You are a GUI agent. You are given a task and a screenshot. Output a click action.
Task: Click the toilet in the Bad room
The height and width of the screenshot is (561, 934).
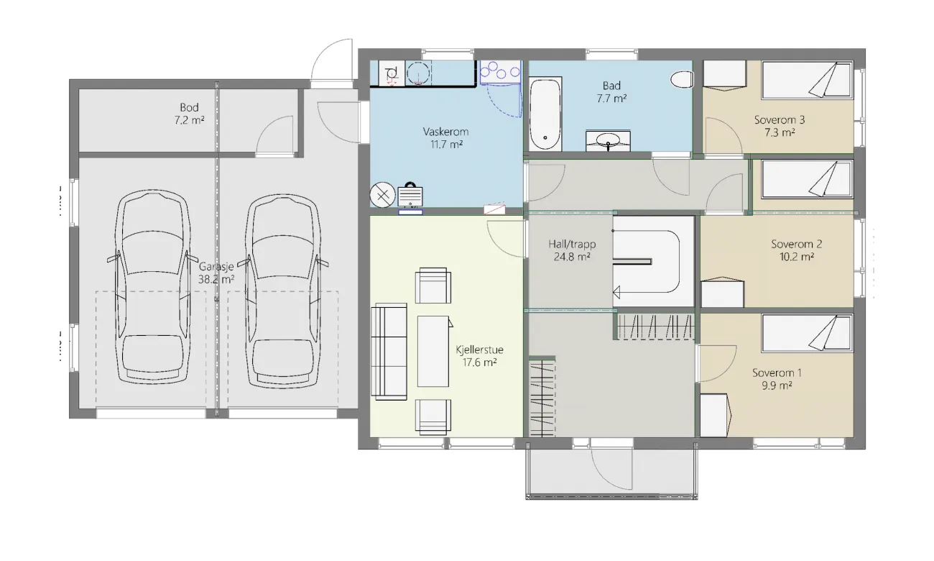682,79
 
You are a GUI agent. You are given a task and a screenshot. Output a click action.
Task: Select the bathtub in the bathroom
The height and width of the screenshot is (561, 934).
545,113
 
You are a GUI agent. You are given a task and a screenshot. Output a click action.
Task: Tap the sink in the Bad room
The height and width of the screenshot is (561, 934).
608,141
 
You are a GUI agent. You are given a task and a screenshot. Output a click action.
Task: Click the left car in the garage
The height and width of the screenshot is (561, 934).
152,287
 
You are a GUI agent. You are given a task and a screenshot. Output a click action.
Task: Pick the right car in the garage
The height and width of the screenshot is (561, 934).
282,290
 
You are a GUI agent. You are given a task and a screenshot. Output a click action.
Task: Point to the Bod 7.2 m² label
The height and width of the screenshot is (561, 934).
189,114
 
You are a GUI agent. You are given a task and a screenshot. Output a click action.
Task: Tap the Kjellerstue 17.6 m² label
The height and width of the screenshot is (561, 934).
479,355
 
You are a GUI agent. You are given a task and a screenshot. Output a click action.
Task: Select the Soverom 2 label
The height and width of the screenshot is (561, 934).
796,244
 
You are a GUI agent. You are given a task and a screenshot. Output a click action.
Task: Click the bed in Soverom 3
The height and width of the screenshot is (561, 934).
808,80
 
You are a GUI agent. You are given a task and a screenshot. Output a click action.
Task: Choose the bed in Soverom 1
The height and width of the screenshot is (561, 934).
808,334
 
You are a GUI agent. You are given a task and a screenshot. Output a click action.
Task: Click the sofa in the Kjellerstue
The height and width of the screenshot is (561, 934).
389,352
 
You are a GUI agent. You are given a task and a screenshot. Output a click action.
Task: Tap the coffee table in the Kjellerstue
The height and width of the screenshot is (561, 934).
433,352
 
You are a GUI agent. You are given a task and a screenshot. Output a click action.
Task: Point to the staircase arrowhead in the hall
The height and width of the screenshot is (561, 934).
616,292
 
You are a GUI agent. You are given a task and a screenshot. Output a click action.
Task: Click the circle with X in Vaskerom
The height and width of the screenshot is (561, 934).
382,195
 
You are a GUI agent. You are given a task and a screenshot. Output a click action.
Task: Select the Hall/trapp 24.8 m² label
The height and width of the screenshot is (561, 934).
572,250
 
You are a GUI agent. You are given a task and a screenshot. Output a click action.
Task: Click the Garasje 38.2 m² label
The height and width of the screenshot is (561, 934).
216,273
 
